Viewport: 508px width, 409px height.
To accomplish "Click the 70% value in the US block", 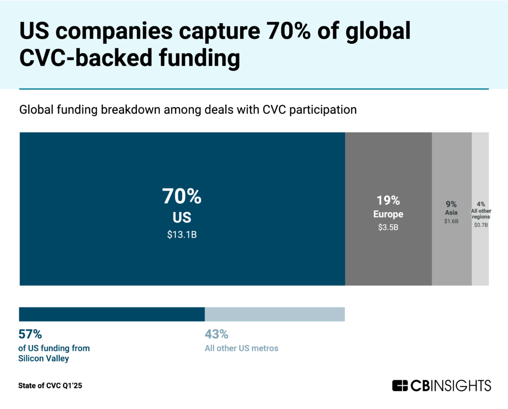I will coord(182,197).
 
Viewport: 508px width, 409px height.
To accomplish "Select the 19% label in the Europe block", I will coord(388,200).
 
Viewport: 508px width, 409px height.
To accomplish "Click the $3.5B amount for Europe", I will coord(388,228).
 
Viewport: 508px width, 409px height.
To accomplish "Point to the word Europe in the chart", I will coord(388,215).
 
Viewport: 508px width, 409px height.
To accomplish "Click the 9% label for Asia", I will coord(451,204).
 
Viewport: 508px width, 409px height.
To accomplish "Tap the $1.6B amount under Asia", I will coord(451,221).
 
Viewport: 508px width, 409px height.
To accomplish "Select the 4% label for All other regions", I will coord(480,204).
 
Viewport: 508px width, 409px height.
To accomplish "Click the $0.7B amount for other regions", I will coord(480,225).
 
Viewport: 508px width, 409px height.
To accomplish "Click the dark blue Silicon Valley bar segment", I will coord(112,314).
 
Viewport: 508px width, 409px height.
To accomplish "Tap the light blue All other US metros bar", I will coord(274,314).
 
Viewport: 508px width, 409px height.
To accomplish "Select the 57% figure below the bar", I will coord(30,334).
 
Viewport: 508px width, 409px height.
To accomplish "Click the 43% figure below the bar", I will coord(216,334).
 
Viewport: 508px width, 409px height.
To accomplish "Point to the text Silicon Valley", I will coord(44,358).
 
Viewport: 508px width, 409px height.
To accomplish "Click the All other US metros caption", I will coord(242,348).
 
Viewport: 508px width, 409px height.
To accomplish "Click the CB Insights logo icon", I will coord(400,385).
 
